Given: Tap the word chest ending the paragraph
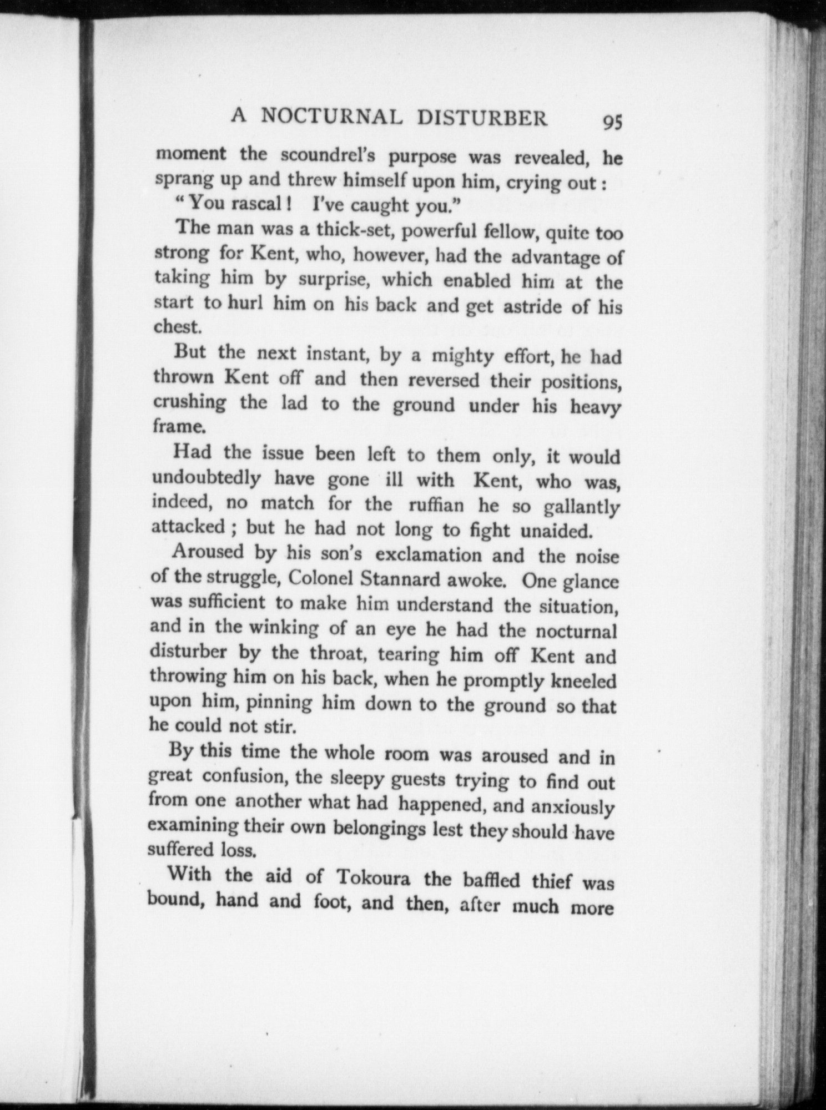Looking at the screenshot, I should tap(176, 326).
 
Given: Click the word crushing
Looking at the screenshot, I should tap(189, 402).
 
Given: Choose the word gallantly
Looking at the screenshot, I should tap(582, 507).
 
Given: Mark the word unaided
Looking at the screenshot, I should tap(557, 531).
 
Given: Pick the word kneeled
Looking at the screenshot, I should tap(582, 680).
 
